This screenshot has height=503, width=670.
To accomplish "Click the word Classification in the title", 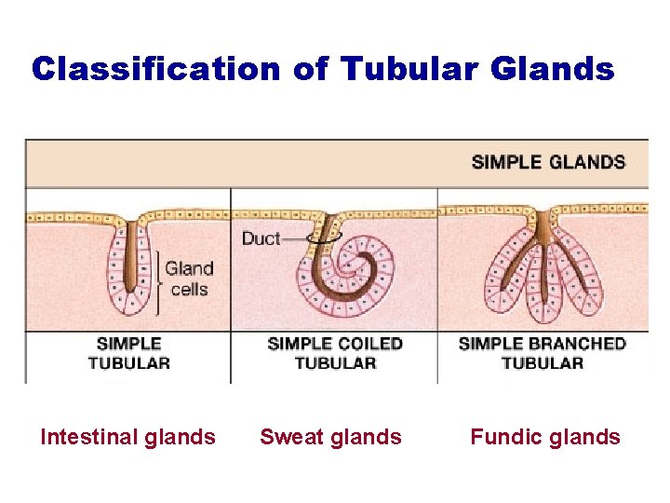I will (x=154, y=69).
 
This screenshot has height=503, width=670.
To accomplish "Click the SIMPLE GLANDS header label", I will (x=548, y=162).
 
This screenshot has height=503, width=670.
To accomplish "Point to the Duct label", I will (x=261, y=238).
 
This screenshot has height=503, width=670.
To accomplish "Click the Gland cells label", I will (x=189, y=279).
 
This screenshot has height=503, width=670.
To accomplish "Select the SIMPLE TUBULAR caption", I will (x=129, y=353).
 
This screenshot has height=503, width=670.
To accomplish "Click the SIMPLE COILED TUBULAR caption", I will (x=335, y=353).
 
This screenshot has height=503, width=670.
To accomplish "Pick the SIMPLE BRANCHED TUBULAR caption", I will (x=543, y=353).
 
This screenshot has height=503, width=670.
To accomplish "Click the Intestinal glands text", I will (x=127, y=437).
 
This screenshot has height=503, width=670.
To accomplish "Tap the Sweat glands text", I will (x=330, y=437).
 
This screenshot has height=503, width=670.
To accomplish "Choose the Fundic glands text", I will (x=545, y=437).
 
